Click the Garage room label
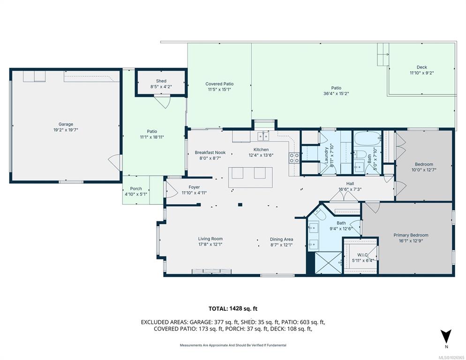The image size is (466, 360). [x=66, y=124]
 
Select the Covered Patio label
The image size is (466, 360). [x=219, y=84]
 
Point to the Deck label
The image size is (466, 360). [x=422, y=67]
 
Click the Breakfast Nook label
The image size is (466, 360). [x=210, y=152]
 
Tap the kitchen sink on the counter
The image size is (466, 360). [x=263, y=136]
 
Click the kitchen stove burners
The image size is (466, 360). [x=294, y=157]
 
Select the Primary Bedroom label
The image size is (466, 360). [x=411, y=235]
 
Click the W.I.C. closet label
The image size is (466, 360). [x=363, y=255]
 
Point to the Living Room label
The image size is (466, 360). [x=210, y=239]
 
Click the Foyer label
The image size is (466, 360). [x=194, y=187]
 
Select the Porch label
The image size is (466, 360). [x=136, y=189]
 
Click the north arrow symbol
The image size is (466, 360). [x=446, y=337]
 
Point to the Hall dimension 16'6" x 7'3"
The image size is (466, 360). [x=350, y=189]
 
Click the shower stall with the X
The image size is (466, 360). [x=328, y=263]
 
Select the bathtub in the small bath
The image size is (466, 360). [x=368, y=138]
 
